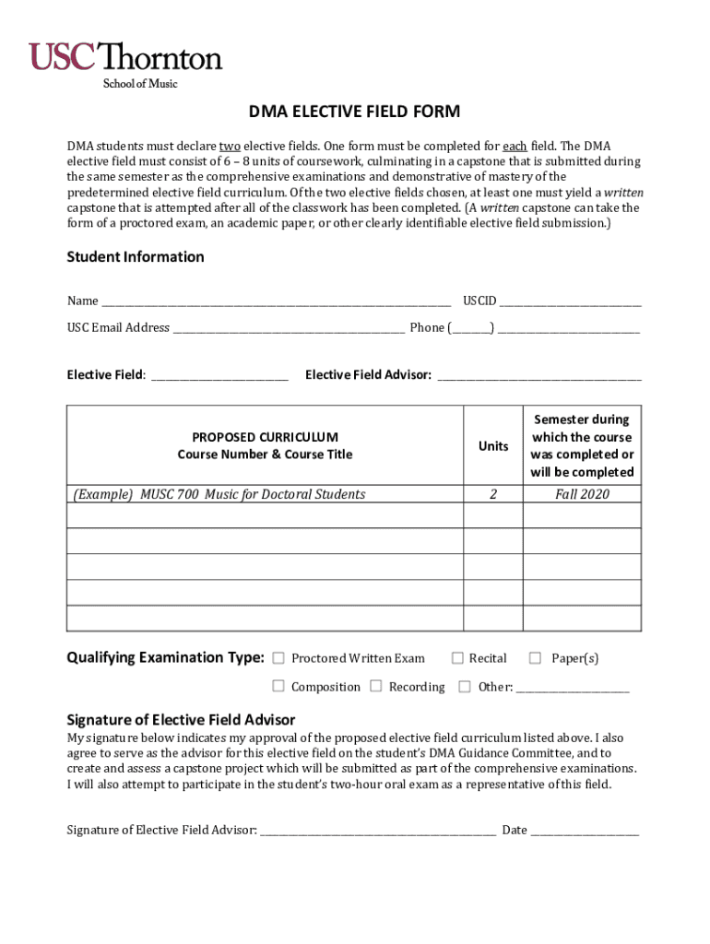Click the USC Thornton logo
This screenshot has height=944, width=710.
126,63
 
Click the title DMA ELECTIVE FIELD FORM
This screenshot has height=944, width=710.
354,112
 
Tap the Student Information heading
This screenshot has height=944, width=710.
136,257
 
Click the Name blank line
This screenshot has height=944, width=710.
276,301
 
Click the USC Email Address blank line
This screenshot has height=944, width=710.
289,328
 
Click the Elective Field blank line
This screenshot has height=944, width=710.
219,375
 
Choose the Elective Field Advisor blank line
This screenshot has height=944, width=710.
538,375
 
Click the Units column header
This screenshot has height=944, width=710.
493,446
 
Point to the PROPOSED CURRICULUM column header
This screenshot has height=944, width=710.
265,445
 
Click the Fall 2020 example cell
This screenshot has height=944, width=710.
582,494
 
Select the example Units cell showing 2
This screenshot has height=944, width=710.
493,494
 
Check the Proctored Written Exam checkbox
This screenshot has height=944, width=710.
278,658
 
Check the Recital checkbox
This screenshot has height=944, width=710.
456,658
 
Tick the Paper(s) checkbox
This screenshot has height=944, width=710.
535,658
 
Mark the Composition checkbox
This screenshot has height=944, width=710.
278,686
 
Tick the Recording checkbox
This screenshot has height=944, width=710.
376,686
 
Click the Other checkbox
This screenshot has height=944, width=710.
465,686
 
